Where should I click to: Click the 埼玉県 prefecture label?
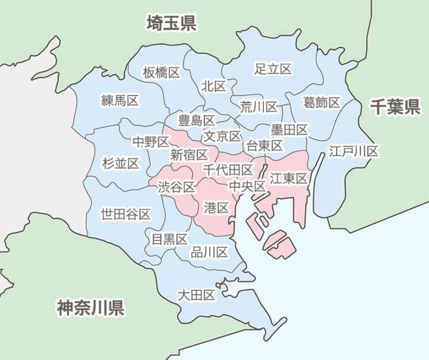coord(172,24)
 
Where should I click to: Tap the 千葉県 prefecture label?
coord(395,107)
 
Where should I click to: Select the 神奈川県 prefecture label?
coord(91,308)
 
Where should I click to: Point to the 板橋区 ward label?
coord(161,73)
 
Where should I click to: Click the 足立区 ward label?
coord(273,69)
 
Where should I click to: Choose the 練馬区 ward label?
coord(120,101)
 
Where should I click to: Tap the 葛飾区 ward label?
coord(321,103)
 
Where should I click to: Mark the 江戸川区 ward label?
coord(354,151)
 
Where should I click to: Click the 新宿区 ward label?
coord(189,155)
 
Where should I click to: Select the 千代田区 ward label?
coord(228,170)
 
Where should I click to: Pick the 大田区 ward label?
coord(196,295)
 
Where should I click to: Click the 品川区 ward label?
coord(209,252)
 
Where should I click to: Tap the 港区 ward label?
coord(216,207)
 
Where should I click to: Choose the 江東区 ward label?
coord(288,178)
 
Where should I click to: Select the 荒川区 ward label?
coord(259,107)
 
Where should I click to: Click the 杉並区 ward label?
coord(120,163)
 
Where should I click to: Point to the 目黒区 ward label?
coord(169,239)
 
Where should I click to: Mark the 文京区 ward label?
coord(222,136)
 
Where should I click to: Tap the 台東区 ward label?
coord(264,145)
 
